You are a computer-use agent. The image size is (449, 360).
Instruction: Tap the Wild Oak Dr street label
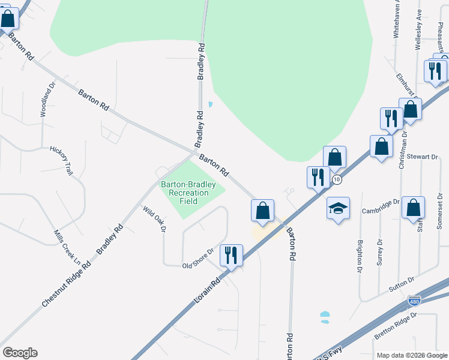click(x=154, y=220)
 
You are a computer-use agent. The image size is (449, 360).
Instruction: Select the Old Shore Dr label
click(x=198, y=259)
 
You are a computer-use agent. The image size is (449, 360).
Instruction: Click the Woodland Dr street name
click(x=47, y=100)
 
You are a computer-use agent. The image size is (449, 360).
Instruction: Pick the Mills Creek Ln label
click(x=67, y=246)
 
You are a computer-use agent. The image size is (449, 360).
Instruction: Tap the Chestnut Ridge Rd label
click(x=66, y=284)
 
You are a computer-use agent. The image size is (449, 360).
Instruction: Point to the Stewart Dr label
click(x=423, y=157)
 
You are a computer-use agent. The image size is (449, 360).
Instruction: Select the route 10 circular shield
click(x=337, y=179)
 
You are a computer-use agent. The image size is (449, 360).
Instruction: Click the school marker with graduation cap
click(x=338, y=208)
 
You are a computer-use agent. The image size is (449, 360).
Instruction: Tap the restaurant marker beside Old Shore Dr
click(x=231, y=255)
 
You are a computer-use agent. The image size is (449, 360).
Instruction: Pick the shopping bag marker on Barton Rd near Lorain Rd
click(x=262, y=210)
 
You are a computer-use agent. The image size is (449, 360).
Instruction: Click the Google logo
click(x=20, y=353)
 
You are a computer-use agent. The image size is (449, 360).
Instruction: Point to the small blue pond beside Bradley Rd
click(x=209, y=104)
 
